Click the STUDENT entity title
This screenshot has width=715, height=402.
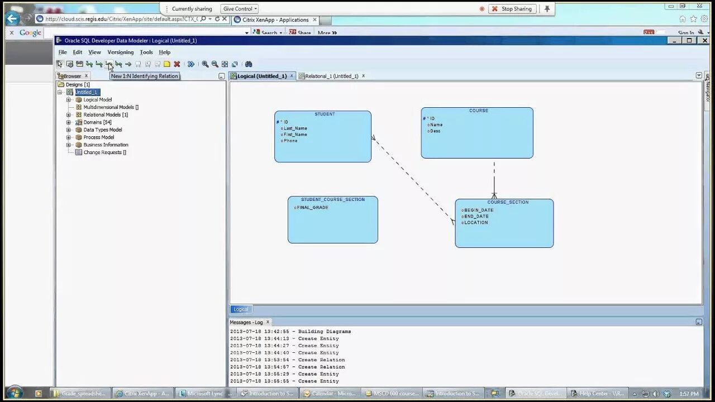325,114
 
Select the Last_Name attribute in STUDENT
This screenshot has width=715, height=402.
295,128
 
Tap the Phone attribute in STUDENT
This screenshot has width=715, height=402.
290,141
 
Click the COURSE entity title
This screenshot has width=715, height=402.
479,111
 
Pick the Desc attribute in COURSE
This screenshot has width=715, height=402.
435,131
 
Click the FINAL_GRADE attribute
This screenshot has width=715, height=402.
312,208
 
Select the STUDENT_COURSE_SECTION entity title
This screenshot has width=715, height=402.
333,199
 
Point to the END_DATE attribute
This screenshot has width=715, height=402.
476,217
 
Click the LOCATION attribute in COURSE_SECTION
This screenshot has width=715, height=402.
476,223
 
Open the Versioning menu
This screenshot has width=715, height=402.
121,52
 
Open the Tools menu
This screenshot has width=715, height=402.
146,52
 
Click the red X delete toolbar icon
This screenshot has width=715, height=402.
177,64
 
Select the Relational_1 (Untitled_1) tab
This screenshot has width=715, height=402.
331,76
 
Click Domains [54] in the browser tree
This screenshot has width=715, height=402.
97,122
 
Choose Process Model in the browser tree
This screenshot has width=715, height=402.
98,137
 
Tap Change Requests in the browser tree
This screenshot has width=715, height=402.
104,152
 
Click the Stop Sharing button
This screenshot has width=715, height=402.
512,9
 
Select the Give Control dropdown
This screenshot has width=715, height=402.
240,9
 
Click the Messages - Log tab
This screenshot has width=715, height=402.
246,322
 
